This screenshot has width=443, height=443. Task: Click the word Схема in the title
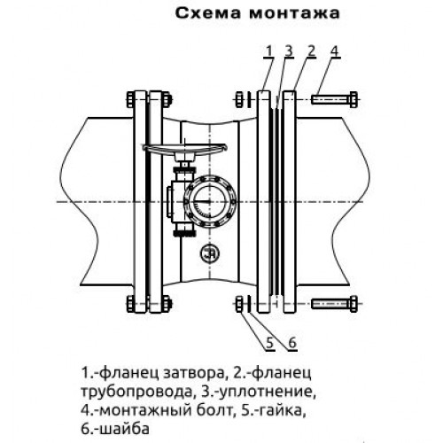point(208,13)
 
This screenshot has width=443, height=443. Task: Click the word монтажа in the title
point(294,13)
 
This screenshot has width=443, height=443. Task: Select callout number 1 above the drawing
point(268,51)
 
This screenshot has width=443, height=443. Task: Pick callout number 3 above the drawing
point(289,51)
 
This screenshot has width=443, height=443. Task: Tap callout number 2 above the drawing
point(311,51)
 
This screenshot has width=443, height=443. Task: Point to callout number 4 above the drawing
point(334,51)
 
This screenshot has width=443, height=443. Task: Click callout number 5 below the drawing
point(269,343)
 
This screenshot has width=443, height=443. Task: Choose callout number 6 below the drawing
point(292,343)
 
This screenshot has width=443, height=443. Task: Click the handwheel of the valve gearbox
point(184,149)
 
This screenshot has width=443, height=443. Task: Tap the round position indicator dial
point(210,202)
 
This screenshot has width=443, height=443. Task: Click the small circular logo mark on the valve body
point(209,253)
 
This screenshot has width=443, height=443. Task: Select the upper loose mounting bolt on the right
point(334,98)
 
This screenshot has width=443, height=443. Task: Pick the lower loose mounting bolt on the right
point(334,303)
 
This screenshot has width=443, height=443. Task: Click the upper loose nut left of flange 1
point(240,99)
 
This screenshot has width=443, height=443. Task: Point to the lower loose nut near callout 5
point(240,304)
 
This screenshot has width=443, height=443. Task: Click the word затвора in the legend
point(193,374)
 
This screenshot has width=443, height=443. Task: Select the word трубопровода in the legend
point(136,392)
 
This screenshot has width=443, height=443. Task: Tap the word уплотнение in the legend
point(266,392)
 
